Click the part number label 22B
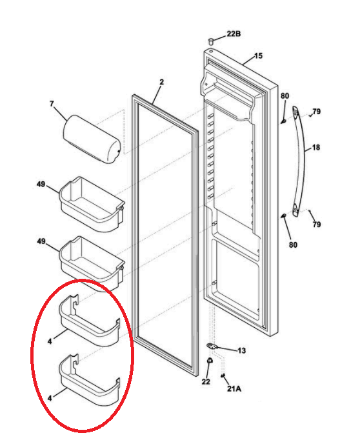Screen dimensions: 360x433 (234, 34)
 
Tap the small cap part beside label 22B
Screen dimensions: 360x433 (211, 42)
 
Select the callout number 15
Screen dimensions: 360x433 (258, 55)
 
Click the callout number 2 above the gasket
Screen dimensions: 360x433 (161, 82)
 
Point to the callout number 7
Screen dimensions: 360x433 (52, 104)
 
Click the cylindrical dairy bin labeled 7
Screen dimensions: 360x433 (92, 139)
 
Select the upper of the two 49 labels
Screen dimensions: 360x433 (41, 184)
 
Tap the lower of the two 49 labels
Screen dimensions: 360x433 (41, 241)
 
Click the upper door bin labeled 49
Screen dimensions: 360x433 (92, 204)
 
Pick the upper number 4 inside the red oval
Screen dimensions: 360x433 (50, 341)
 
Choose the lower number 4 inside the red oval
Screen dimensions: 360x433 (50, 398)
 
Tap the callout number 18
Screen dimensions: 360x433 (316, 148)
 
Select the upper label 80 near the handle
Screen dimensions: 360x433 (285, 96)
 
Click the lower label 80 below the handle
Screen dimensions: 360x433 (293, 245)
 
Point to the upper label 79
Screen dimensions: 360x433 (317, 112)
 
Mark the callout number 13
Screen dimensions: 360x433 (241, 350)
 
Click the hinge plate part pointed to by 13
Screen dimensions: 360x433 (212, 346)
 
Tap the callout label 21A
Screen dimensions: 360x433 (234, 388)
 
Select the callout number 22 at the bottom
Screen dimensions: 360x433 (206, 381)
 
